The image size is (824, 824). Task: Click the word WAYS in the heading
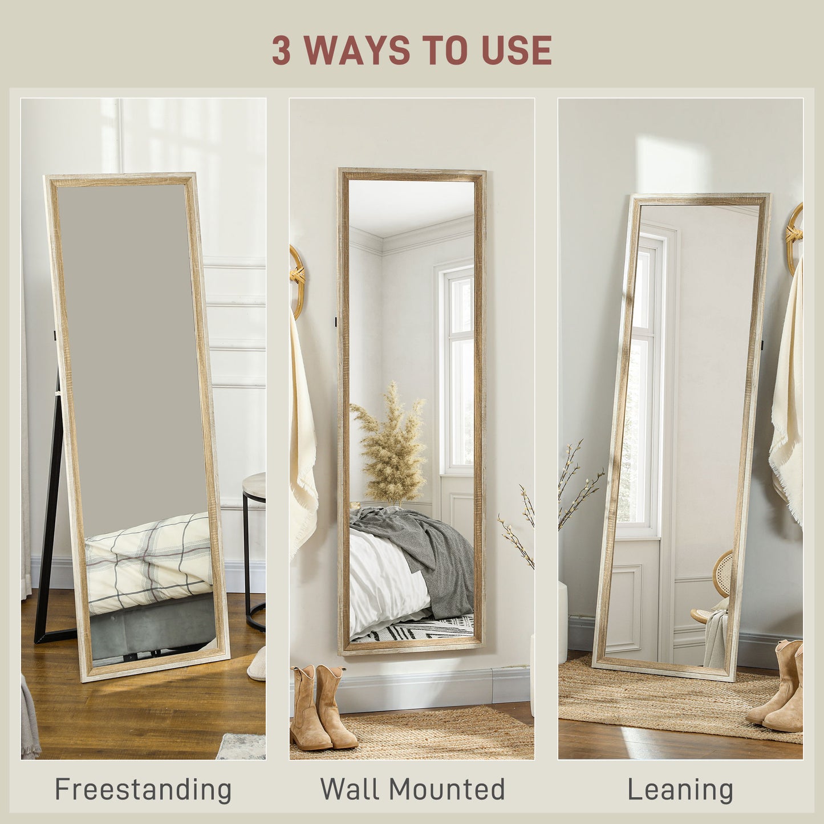(356, 50)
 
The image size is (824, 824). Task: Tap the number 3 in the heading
(281, 50)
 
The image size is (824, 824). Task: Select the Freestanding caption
(143, 790)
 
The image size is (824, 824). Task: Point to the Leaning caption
(680, 790)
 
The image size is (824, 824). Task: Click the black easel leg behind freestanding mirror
(49, 513)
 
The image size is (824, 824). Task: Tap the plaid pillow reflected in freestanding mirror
(148, 562)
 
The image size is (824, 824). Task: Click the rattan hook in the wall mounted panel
(297, 279)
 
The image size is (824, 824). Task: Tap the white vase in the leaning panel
(563, 622)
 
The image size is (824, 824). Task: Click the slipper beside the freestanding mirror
(257, 664)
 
